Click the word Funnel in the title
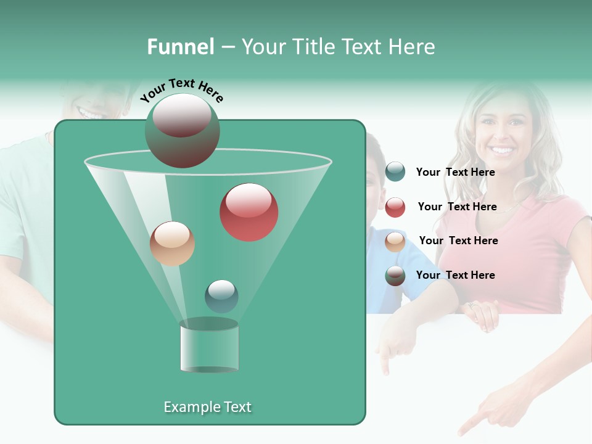[x=180, y=47]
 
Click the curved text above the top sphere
[x=181, y=90]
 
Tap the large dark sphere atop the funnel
[x=183, y=131]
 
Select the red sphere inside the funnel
[x=249, y=212]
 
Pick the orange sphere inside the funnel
[x=172, y=244]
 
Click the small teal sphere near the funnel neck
[x=221, y=296]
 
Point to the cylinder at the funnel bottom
[x=209, y=347]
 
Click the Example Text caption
[x=208, y=407]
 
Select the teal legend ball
[x=395, y=172]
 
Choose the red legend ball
[x=395, y=207]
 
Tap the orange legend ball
[x=395, y=242]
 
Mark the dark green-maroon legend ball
[x=395, y=276]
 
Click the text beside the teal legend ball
[x=456, y=172]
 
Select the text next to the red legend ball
[x=457, y=207]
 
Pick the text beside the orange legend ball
[x=458, y=240]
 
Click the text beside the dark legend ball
[x=456, y=275]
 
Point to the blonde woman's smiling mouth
[x=503, y=150]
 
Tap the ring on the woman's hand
[x=472, y=305]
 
